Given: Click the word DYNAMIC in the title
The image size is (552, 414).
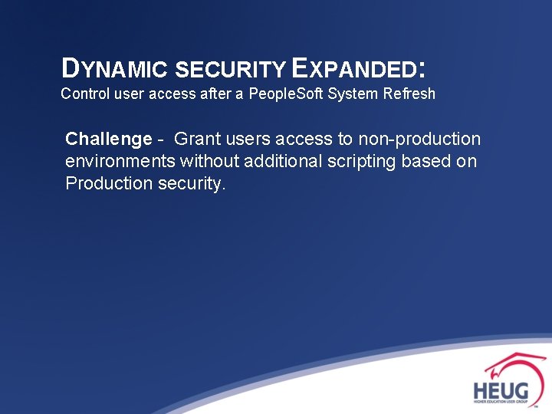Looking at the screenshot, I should (115, 69).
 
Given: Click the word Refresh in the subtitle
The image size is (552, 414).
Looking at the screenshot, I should (408, 94).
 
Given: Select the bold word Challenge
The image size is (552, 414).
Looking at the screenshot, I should (109, 140).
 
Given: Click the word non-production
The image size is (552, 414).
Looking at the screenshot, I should (419, 140).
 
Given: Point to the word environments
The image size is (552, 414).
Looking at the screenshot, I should (120, 162).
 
